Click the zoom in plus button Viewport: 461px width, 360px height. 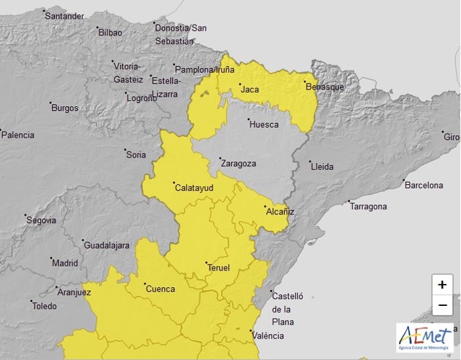point(442,285)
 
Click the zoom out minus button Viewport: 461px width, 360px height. point(442,305)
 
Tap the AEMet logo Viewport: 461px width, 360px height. point(424,337)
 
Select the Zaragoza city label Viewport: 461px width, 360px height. point(238,163)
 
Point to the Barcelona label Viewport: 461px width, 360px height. point(424,185)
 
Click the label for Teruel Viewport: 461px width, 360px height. point(218,268)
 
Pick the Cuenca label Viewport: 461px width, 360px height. point(160,289)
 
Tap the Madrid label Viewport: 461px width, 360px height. point(65,263)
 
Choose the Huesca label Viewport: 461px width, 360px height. point(263,124)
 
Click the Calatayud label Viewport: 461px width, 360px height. point(194,188)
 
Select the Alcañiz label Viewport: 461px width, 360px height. point(280,212)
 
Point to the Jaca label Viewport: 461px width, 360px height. point(249,89)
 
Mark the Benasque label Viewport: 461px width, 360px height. point(325,87)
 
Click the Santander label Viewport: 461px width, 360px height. point(64,16)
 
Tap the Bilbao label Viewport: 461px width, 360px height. point(110,32)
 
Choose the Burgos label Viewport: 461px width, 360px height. point(65,108)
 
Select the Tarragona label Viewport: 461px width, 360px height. point(368,206)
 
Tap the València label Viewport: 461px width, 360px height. point(268,335)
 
